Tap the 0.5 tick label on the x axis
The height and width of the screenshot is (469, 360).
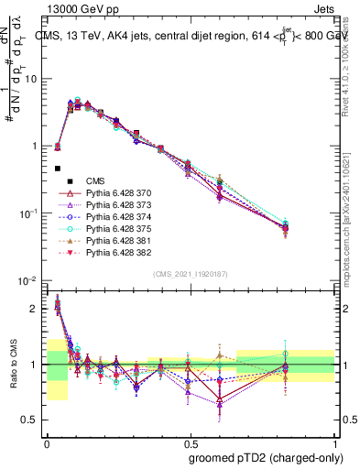point(189,442)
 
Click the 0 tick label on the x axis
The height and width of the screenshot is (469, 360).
point(46,442)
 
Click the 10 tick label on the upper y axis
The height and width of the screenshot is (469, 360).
point(29,79)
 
